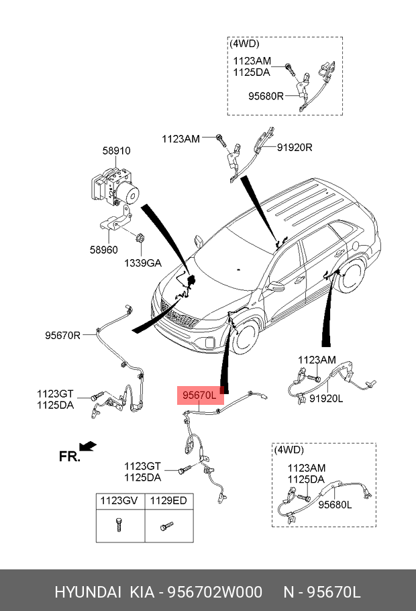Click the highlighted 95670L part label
[x=200, y=395]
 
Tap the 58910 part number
[x=117, y=150]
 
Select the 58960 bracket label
[x=103, y=249]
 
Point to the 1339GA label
[x=142, y=263]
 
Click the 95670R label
[x=62, y=335]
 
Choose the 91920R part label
[x=295, y=147]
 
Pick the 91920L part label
[x=326, y=398]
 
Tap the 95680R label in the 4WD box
[x=266, y=96]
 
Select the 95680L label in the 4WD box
[x=335, y=505]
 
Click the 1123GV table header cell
[x=120, y=501]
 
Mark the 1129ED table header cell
[x=169, y=501]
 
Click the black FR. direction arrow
[x=88, y=446]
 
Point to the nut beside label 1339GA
[x=140, y=237]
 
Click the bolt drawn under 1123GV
[x=118, y=524]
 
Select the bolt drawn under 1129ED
[x=166, y=526]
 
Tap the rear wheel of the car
[x=352, y=275]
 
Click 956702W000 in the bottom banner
[x=215, y=592]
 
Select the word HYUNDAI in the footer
[x=88, y=592]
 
